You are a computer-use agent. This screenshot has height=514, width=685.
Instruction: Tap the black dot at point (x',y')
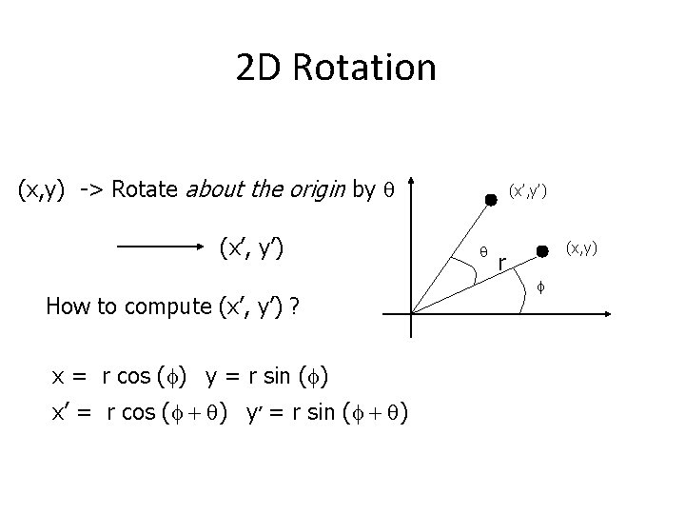point(491,200)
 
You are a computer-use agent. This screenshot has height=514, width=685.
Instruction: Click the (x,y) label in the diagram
point(583,248)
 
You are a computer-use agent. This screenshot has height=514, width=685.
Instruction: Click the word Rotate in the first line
point(143,189)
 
